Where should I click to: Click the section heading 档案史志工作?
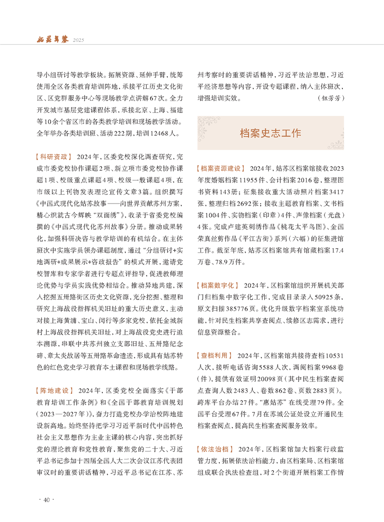271,133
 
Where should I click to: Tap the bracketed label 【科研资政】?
54,157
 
